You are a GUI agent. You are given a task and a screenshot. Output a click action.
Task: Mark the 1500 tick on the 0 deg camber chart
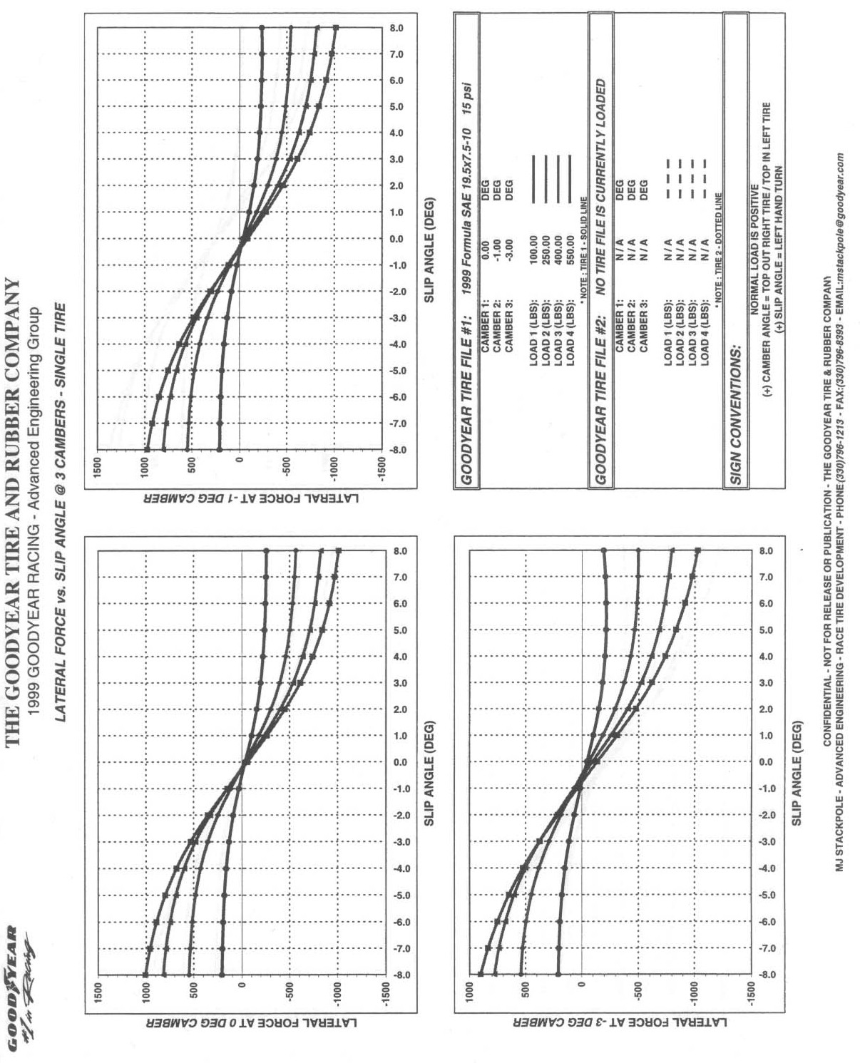pos(99,988)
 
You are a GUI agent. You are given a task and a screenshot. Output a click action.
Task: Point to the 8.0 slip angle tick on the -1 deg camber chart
pos(397,29)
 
